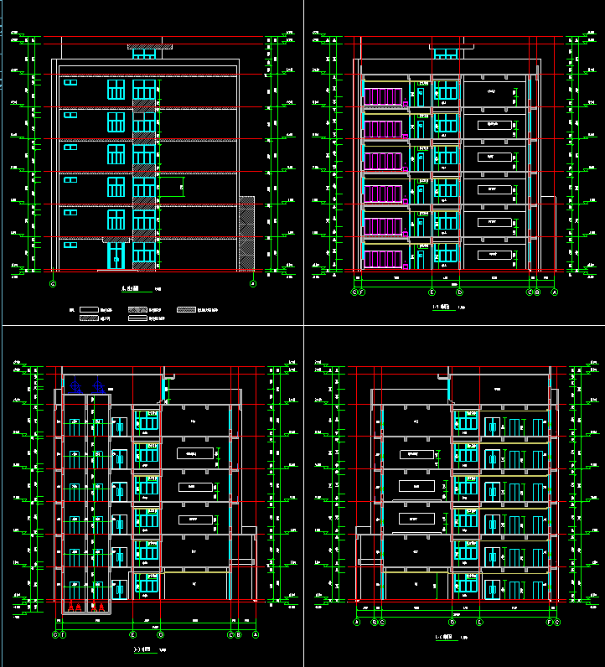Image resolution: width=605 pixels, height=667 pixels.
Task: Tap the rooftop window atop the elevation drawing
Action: point(144,54)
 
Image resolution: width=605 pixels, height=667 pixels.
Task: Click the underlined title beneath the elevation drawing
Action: point(131,290)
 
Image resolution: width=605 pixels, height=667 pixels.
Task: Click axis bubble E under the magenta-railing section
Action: point(432,292)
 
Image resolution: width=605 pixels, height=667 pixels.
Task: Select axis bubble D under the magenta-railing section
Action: point(459,292)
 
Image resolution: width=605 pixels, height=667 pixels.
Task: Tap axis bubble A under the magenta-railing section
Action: point(554,292)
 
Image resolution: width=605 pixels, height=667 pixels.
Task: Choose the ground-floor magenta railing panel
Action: point(383,258)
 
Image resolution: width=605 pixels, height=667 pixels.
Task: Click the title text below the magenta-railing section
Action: point(441,308)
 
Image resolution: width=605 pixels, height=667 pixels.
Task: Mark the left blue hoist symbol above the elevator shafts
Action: point(75,387)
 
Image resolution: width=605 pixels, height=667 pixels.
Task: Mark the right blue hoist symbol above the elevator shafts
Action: point(98,387)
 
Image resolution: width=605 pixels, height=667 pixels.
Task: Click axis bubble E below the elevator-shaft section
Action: point(133,635)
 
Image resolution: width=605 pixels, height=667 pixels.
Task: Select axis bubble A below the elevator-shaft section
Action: point(256,635)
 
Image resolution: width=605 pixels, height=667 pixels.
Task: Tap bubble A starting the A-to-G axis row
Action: point(356,623)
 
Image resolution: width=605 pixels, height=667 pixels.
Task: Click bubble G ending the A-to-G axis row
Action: point(557,623)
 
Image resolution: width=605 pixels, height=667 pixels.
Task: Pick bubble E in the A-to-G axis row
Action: point(479,623)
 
